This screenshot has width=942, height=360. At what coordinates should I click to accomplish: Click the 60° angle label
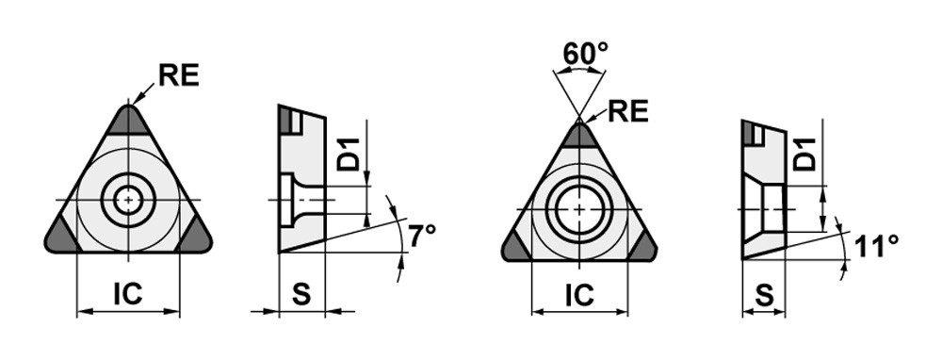coord(586,54)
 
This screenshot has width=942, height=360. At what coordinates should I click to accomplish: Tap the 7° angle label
coord(422,237)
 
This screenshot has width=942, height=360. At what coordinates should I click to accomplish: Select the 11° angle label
coord(876,246)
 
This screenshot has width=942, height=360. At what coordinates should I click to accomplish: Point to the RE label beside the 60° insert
coord(628,111)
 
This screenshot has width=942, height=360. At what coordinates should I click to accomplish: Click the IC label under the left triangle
coord(128,293)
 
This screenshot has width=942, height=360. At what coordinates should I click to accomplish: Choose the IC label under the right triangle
coord(579,294)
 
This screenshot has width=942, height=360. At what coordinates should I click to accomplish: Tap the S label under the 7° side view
coord(301,294)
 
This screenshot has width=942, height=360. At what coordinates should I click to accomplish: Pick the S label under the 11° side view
coord(764,295)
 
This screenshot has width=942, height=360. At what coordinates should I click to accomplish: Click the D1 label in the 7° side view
coord(348,154)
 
